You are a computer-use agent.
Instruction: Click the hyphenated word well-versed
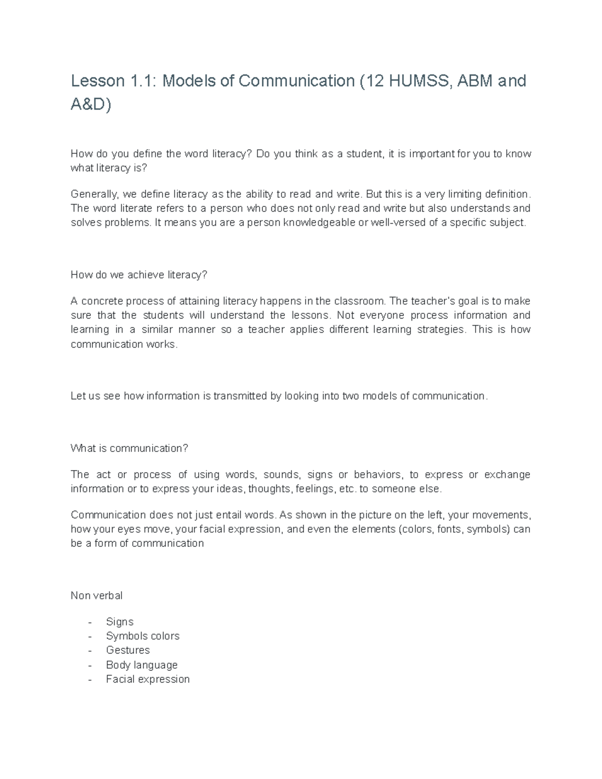point(398,222)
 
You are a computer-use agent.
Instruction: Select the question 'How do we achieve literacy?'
point(138,275)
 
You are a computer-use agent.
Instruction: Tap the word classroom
point(360,301)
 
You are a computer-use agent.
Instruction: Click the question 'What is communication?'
point(129,448)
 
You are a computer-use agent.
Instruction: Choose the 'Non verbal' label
point(96,595)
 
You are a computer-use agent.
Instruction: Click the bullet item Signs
point(119,622)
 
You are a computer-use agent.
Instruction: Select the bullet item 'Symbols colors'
point(142,636)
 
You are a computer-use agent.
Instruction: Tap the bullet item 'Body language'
point(141,665)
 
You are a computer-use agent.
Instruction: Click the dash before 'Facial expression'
point(90,680)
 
